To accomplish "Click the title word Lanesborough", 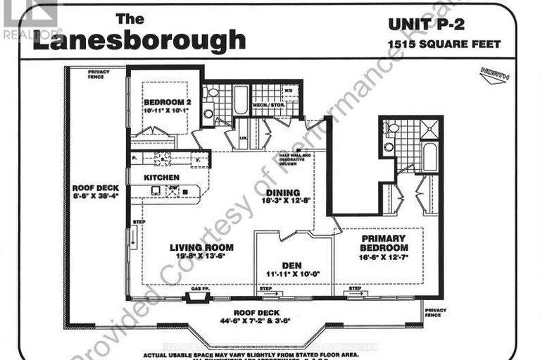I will (139, 40).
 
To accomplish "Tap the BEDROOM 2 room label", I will (164, 101).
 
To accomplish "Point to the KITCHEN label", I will (161, 178).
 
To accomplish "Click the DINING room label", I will (282, 192).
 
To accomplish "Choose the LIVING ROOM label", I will (201, 247).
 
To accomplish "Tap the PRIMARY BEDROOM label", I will (384, 243).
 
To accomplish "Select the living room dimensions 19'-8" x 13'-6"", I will (201, 257).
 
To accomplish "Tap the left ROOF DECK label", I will (96, 189).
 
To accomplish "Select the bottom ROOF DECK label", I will (259, 313).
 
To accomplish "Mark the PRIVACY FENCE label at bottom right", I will (436, 313).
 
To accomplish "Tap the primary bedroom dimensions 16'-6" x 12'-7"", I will (384, 259).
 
